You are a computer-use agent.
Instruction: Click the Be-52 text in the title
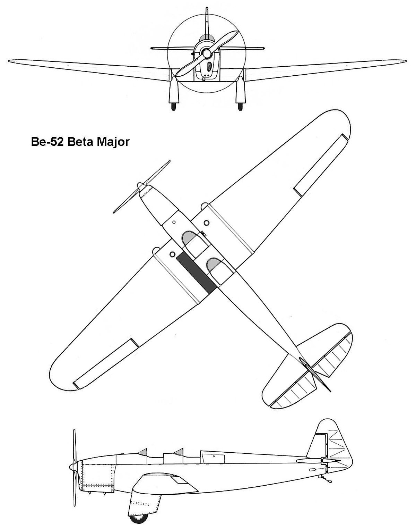click(46, 142)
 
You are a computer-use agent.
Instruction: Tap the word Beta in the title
click(80, 142)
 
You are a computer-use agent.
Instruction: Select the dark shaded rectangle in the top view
click(197, 273)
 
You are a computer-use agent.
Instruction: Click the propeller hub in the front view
click(207, 52)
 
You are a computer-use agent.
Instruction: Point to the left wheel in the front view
click(173, 106)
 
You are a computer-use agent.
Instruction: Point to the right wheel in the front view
click(241, 106)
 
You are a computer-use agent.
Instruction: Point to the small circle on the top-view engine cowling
click(174, 222)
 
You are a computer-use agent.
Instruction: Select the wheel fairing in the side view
click(146, 498)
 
